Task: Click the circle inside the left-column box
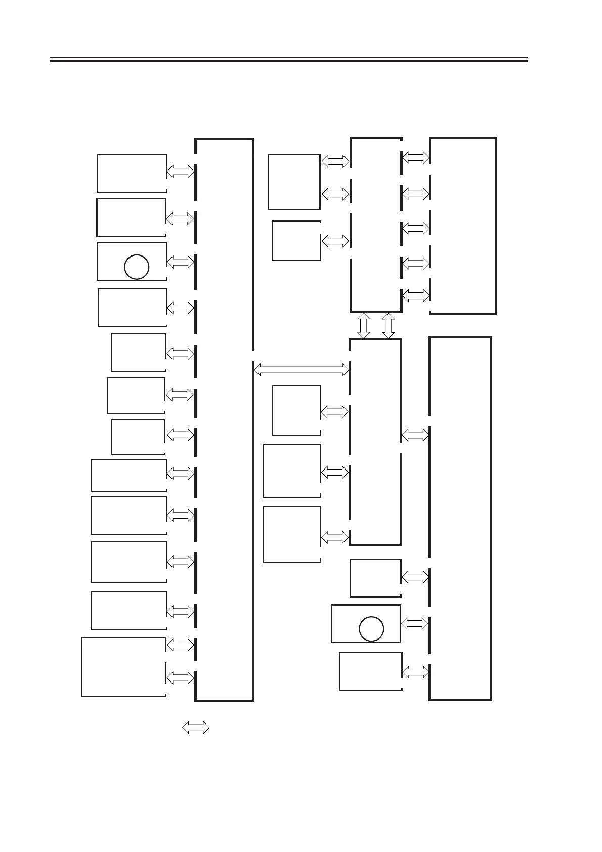136,267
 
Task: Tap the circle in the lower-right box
371,629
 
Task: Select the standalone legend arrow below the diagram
196,728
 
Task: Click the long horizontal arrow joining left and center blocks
301,370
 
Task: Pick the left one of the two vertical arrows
363,325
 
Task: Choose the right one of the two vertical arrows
388,325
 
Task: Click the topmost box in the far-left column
132,173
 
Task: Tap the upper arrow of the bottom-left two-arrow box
180,645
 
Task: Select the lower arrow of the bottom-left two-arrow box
180,677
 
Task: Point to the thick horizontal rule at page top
288,61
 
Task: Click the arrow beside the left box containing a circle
180,262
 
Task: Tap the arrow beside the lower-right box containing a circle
414,623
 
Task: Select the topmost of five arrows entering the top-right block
415,158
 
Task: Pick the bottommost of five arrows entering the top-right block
415,295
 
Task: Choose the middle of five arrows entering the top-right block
415,228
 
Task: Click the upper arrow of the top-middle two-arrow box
335,161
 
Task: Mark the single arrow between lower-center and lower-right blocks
415,435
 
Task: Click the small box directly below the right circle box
370,671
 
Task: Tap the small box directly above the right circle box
375,578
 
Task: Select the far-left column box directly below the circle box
132,307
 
